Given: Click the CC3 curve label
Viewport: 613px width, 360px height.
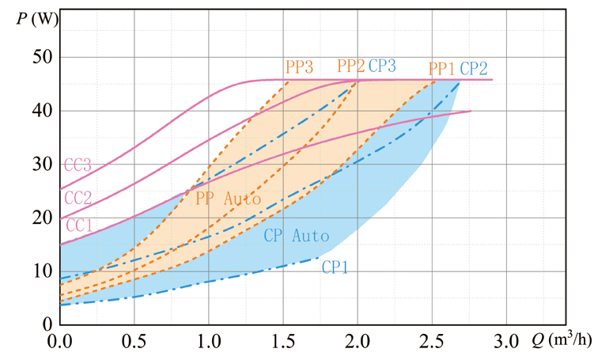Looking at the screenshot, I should (78, 166).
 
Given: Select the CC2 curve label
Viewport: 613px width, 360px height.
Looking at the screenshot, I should (78, 197).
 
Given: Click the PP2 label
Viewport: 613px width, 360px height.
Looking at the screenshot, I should (350, 66).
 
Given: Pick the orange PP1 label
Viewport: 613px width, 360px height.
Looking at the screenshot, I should (441, 68).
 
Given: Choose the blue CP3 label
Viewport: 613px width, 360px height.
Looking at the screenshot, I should (383, 66).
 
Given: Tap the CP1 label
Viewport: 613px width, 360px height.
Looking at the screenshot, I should (335, 268).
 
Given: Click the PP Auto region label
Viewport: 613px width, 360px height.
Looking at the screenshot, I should (228, 199).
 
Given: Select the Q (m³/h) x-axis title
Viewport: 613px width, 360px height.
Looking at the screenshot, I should (566, 343).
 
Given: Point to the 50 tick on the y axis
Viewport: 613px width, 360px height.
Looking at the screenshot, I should (40, 57).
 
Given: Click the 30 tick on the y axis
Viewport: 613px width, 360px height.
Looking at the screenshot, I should (40, 164).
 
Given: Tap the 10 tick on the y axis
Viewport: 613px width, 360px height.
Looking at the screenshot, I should (40, 271).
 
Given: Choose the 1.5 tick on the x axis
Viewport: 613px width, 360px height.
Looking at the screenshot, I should (282, 343).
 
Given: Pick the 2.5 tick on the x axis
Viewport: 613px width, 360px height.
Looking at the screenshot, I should (432, 343).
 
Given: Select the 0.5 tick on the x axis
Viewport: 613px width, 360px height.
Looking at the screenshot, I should (133, 343).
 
